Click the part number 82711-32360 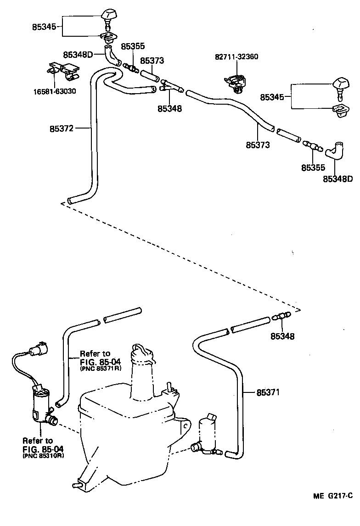click(x=236, y=57)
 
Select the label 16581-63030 click(x=54, y=91)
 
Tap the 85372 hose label click(x=62, y=129)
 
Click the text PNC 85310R click(x=43, y=457)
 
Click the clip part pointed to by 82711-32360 click(x=235, y=82)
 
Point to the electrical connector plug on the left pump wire click(x=37, y=350)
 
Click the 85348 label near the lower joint click(x=282, y=336)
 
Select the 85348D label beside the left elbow click(x=78, y=55)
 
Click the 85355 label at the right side click(x=313, y=168)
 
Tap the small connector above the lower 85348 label click(x=281, y=316)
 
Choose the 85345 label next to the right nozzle click(x=273, y=97)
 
